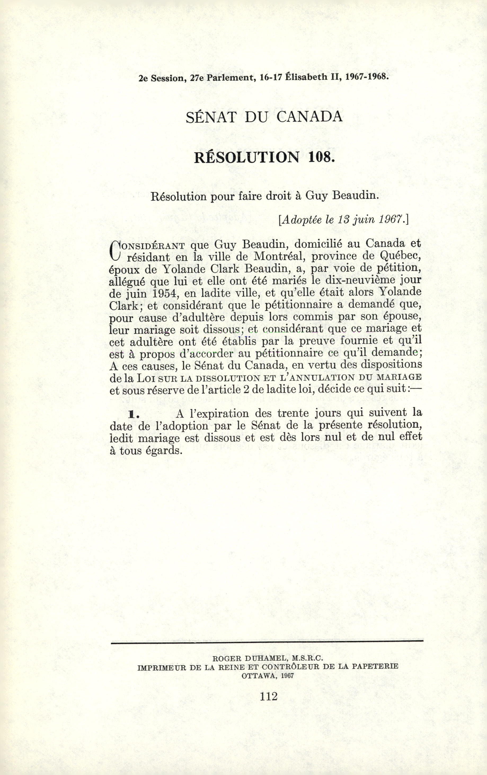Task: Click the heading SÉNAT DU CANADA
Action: pos(264,117)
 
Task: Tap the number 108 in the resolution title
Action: pos(320,157)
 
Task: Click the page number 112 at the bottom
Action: pos(268,696)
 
